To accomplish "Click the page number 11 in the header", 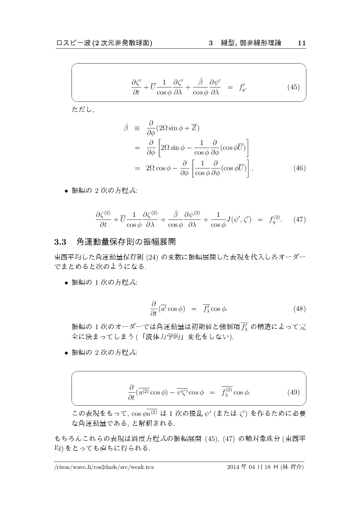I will point(302,43).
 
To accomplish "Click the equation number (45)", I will point(294,87).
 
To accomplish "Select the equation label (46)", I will point(299,168).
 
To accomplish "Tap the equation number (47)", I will point(299,219).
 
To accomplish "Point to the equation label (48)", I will point(299,309).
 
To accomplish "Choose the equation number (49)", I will point(294,392).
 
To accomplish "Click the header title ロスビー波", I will point(71,43).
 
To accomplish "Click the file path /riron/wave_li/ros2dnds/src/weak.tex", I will point(104,467).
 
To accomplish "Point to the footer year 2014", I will point(234,467).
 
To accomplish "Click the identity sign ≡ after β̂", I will point(140,128).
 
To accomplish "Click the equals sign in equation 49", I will point(212,392).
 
